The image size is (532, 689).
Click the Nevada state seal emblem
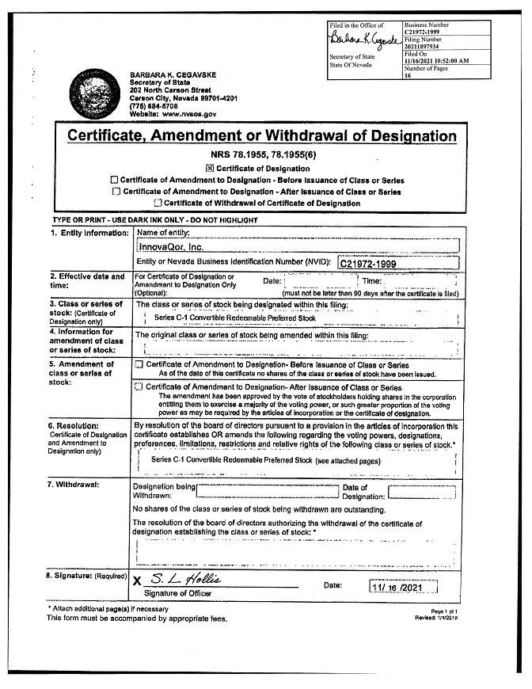coord(97,97)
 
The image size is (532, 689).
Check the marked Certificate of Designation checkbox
coord(210,169)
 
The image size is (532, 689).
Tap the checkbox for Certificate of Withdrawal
coord(158,204)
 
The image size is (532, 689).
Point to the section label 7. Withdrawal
coord(78,484)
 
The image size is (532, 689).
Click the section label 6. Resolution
coord(78,426)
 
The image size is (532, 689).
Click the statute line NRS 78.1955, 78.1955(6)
coord(260,154)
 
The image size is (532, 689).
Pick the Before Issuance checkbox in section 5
coord(139,365)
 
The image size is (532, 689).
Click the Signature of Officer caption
coord(178,593)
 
